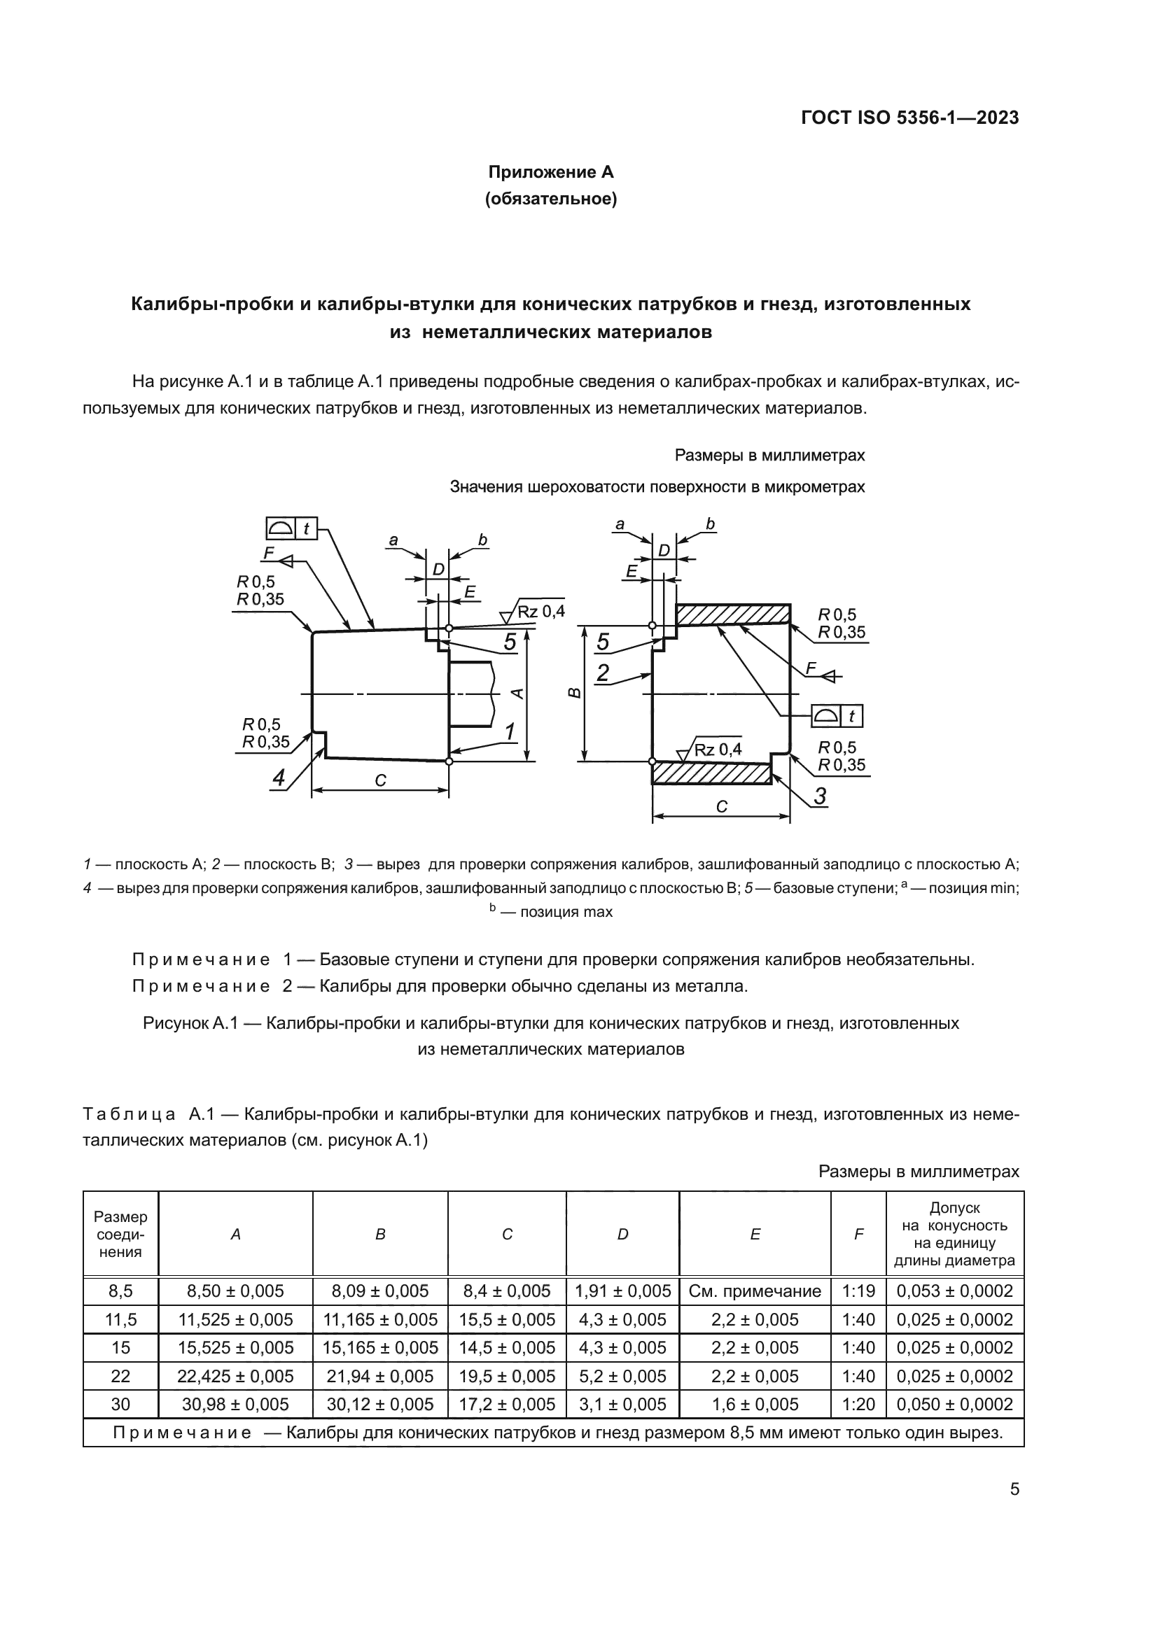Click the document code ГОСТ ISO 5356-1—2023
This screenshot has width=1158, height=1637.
(910, 118)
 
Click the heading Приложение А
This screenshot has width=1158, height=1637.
(550, 172)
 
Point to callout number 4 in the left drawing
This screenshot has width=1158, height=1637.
(279, 778)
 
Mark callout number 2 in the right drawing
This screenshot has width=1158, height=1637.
(603, 673)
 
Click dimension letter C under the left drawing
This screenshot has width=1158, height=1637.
(380, 781)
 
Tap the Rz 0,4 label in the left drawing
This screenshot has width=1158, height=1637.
(540, 611)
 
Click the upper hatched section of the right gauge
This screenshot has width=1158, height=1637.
(732, 614)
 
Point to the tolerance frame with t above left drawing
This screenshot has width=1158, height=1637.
(291, 528)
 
